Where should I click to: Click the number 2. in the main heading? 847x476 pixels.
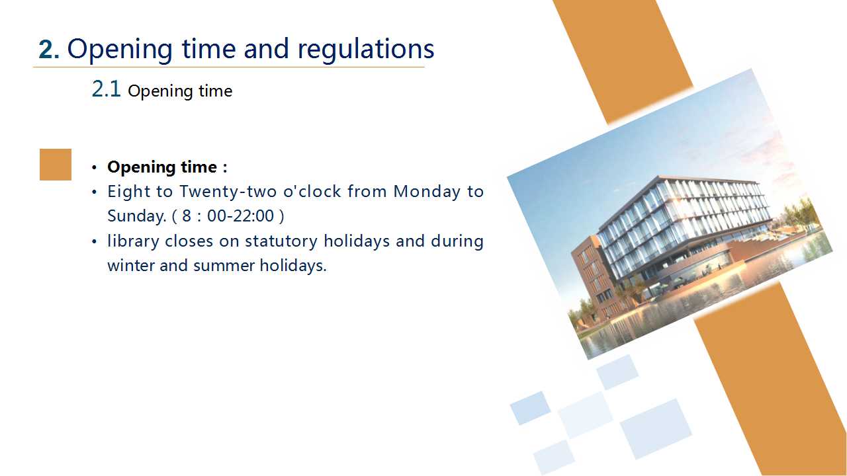[49, 50]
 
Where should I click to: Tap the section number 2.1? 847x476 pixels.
[106, 89]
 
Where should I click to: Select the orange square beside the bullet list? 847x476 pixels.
[56, 165]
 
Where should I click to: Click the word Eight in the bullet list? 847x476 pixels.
[129, 192]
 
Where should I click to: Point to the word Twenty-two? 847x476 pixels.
[228, 192]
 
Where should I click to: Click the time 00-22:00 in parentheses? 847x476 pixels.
[240, 216]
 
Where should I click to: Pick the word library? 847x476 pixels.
[133, 241]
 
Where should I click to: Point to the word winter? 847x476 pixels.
[130, 266]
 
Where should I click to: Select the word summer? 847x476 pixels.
[224, 266]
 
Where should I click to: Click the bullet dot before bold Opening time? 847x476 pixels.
[94, 167]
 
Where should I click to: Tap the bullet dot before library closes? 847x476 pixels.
[94, 241]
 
